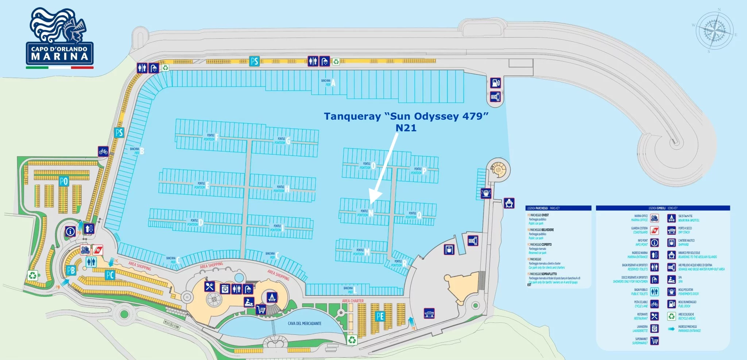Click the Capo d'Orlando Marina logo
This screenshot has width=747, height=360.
pyautogui.click(x=59, y=38)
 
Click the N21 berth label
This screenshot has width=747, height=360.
pyautogui.click(x=406, y=128)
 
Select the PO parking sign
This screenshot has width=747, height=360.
pyautogui.click(x=64, y=181)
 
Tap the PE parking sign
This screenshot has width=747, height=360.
pyautogui.click(x=380, y=316)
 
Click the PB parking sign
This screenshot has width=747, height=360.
pyautogui.click(x=71, y=270)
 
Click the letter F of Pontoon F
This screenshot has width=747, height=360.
pyautogui.click(x=217, y=137)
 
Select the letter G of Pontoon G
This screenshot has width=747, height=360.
pyautogui.click(x=288, y=141)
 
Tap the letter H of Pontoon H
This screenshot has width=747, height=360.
pyautogui.click(x=287, y=189)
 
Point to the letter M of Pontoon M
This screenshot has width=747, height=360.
pyautogui.click(x=367, y=252)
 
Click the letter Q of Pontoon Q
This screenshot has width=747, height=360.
pyautogui.click(x=419, y=215)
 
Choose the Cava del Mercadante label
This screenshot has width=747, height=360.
pyautogui.click(x=305, y=324)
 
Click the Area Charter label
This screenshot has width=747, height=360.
pyautogui.click(x=353, y=301)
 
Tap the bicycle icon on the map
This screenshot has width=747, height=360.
pyautogui.click(x=103, y=151)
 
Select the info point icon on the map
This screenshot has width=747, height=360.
pyautogui.click(x=70, y=231)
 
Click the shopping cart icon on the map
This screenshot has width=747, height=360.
pyautogui.click(x=260, y=310)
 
